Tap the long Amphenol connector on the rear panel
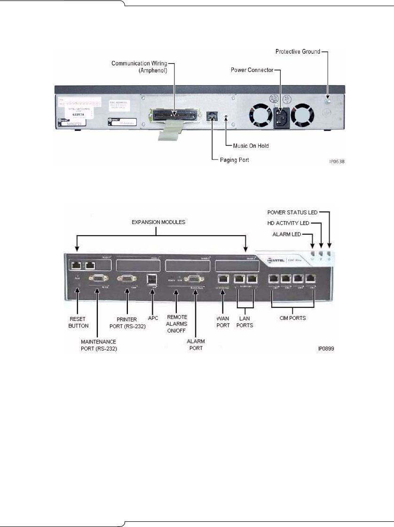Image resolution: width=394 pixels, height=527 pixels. click(173, 114)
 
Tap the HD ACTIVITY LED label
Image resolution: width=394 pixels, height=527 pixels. click(292, 223)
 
